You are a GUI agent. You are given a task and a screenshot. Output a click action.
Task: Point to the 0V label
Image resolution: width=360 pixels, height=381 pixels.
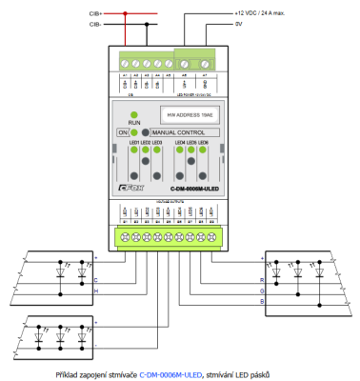[x=239, y=25]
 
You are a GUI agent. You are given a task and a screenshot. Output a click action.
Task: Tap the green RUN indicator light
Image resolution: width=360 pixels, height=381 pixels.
[x=135, y=114]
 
